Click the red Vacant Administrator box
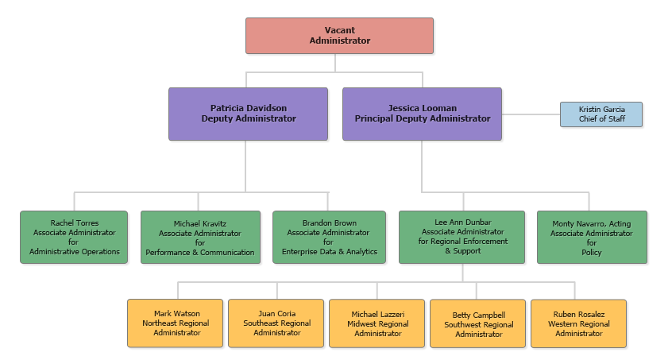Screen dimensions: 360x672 tap(339, 36)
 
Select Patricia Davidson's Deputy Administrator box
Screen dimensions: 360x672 tap(248, 114)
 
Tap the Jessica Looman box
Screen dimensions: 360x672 tap(422, 114)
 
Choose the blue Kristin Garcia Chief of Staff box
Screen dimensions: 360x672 tap(601, 114)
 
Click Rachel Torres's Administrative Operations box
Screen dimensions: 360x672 tap(74, 237)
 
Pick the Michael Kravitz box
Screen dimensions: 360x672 tap(200, 237)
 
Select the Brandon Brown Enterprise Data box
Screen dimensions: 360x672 tap(329, 237)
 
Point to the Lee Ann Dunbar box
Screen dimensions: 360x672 tap(462, 237)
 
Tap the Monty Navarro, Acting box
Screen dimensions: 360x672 tap(592, 237)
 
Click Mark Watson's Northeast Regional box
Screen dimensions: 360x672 tap(176, 323)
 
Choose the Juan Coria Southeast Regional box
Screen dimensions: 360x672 tap(276, 323)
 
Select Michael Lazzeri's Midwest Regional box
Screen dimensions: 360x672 tap(377, 323)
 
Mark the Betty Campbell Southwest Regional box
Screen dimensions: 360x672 tap(478, 323)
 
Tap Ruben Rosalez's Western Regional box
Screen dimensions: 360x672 tap(578, 323)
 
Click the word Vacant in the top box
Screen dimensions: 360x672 tap(340, 30)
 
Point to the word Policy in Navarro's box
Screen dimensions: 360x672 tap(592, 253)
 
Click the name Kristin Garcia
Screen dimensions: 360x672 tap(601, 109)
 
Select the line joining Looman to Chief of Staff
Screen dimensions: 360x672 tap(531, 114)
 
